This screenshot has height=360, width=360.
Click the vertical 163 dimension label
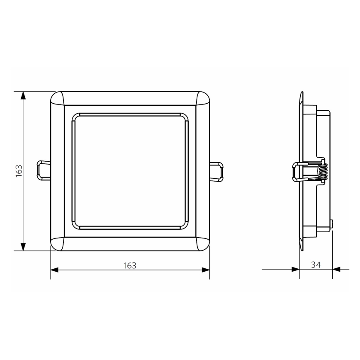coord(19,171)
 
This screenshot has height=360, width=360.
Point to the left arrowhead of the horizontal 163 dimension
coord(54,270)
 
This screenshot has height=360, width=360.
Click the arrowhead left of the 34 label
coord(295,269)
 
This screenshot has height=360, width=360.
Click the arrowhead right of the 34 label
coord(336,269)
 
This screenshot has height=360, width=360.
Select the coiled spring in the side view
coord(325,171)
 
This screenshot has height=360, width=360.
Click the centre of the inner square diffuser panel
coord(130,171)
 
